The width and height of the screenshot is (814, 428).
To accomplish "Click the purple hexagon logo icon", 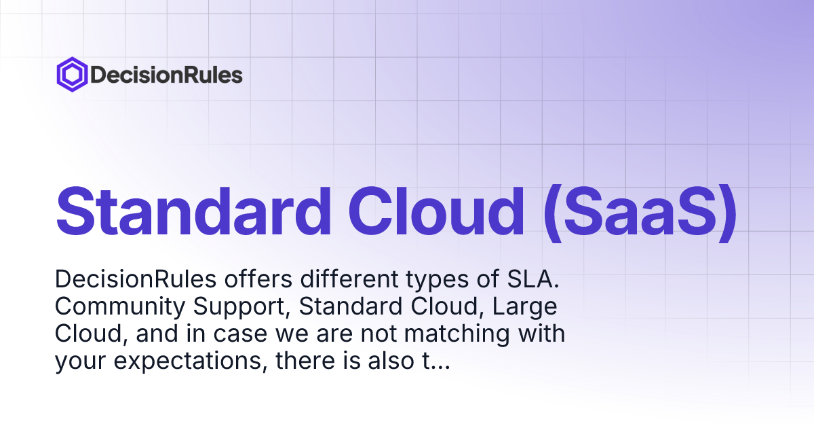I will (71, 74).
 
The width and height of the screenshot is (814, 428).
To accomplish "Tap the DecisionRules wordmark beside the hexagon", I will (166, 75).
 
